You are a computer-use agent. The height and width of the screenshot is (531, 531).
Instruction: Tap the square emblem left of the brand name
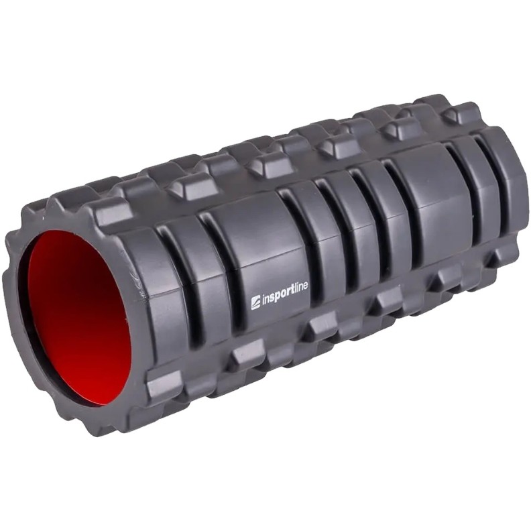click(255, 302)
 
